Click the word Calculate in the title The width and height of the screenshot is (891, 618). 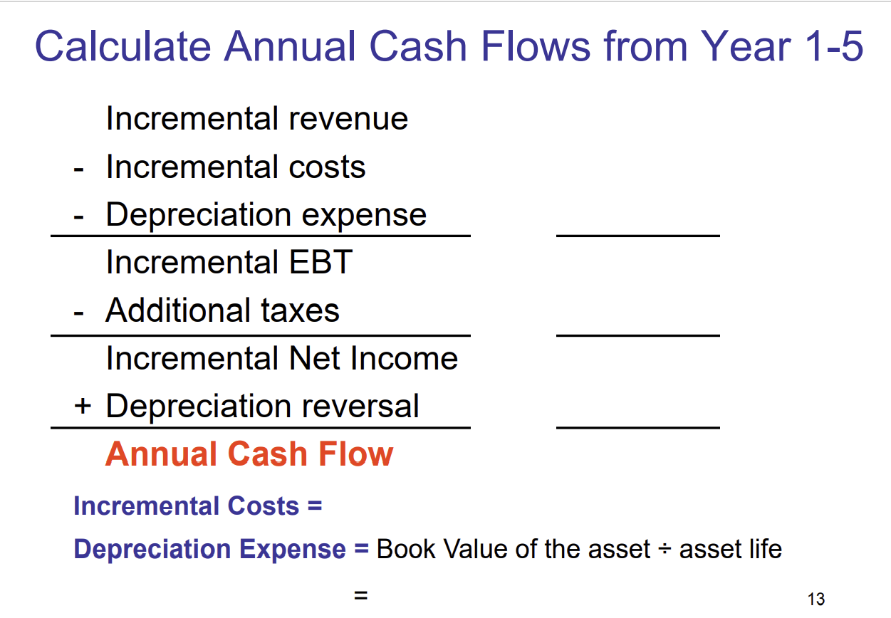pos(123,46)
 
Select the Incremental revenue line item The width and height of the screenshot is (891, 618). pos(256,118)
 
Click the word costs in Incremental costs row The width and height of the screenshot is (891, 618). pos(327,167)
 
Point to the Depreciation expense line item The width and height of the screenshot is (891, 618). pos(266,214)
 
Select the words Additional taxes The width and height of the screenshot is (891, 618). pos(222,310)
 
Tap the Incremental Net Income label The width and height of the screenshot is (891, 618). pos(281,358)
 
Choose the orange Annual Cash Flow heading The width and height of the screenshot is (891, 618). pos(249,454)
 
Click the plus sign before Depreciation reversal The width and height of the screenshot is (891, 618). pos(83,407)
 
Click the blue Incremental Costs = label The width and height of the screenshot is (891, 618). pos(197,506)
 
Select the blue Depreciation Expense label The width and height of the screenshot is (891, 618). pos(210,549)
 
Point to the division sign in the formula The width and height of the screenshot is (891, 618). pos(665,550)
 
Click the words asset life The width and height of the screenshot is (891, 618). pos(730,549)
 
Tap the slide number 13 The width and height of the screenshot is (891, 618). pos(816,599)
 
